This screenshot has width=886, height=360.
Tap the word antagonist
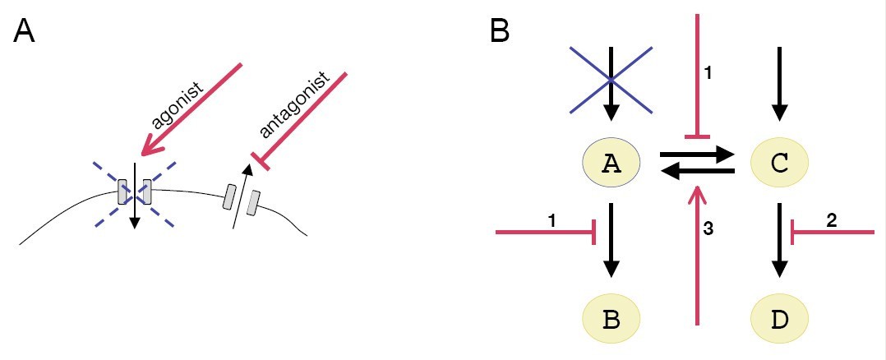tap(294, 105)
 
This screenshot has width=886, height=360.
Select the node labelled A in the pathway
tap(610, 164)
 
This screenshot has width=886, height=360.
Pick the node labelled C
tap(780, 164)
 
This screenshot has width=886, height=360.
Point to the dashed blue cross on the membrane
tap(135, 192)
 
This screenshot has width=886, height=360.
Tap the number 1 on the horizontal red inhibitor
tap(552, 220)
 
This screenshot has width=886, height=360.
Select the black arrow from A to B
tap(610, 240)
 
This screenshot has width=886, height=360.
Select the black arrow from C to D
tap(780, 240)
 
